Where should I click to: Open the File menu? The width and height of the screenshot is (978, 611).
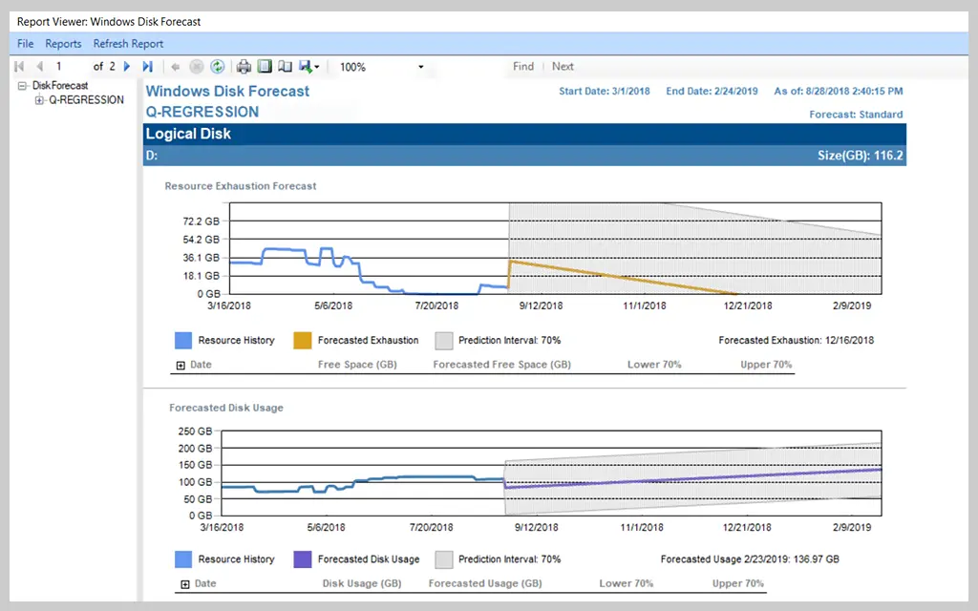pos(25,44)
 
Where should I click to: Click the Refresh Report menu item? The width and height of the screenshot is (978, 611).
pos(128,44)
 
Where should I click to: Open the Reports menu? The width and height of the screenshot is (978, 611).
pos(63,44)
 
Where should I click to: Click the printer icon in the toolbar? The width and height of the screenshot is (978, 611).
pos(244,67)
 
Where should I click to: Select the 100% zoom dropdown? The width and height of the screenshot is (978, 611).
pos(382,67)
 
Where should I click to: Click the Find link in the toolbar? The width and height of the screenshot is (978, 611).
pos(523,67)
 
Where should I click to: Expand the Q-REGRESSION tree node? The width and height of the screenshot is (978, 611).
pos(40,100)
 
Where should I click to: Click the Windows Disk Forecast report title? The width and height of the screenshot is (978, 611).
pos(227,92)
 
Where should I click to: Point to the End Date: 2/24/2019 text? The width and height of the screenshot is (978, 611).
pos(712,92)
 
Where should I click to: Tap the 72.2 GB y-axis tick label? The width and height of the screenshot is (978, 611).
pos(202,221)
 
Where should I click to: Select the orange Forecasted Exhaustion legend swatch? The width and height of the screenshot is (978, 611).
pos(302,341)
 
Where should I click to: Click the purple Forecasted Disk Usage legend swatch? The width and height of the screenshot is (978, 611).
pos(302,560)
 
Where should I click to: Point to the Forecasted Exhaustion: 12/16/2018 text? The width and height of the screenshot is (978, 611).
pos(796,341)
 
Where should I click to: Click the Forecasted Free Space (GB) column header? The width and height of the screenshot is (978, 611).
pos(501,365)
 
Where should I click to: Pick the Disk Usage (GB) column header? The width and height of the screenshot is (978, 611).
pos(362,583)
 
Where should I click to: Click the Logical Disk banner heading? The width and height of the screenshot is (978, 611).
pos(188,135)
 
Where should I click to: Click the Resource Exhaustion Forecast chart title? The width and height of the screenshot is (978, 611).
pos(241,186)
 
